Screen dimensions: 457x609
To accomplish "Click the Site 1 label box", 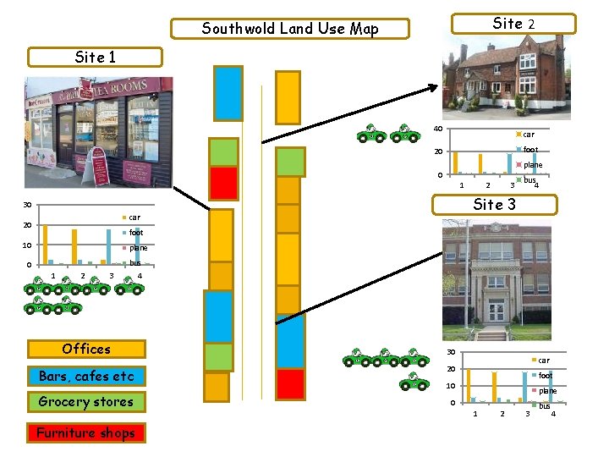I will [x=95, y=58].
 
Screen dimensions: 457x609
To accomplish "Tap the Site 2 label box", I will [x=513, y=24].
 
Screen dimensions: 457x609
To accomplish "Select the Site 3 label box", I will [x=494, y=204].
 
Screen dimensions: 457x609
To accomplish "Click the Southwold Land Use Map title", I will [x=290, y=29].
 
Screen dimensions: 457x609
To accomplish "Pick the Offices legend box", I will [x=86, y=349].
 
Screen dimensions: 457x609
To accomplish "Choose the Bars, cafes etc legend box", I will [x=86, y=376].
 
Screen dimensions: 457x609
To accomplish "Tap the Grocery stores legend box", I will [x=86, y=402].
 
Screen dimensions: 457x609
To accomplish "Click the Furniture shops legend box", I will [x=85, y=432].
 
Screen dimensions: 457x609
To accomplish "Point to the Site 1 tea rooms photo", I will [x=98, y=132].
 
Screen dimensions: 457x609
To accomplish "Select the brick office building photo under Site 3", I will [x=497, y=282].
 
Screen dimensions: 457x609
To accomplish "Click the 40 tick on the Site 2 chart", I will [x=437, y=129].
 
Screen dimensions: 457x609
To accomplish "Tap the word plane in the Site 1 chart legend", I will [x=138, y=248].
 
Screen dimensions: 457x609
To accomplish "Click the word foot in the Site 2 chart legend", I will [x=530, y=150].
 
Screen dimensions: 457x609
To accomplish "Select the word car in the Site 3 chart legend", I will [x=544, y=361].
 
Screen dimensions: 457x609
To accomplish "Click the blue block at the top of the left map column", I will [x=228, y=93].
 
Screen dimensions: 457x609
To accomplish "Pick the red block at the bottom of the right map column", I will [x=290, y=383].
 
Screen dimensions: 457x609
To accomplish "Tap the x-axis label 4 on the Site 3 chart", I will [x=553, y=413].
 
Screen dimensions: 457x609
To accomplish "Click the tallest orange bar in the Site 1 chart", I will [x=45, y=244].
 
